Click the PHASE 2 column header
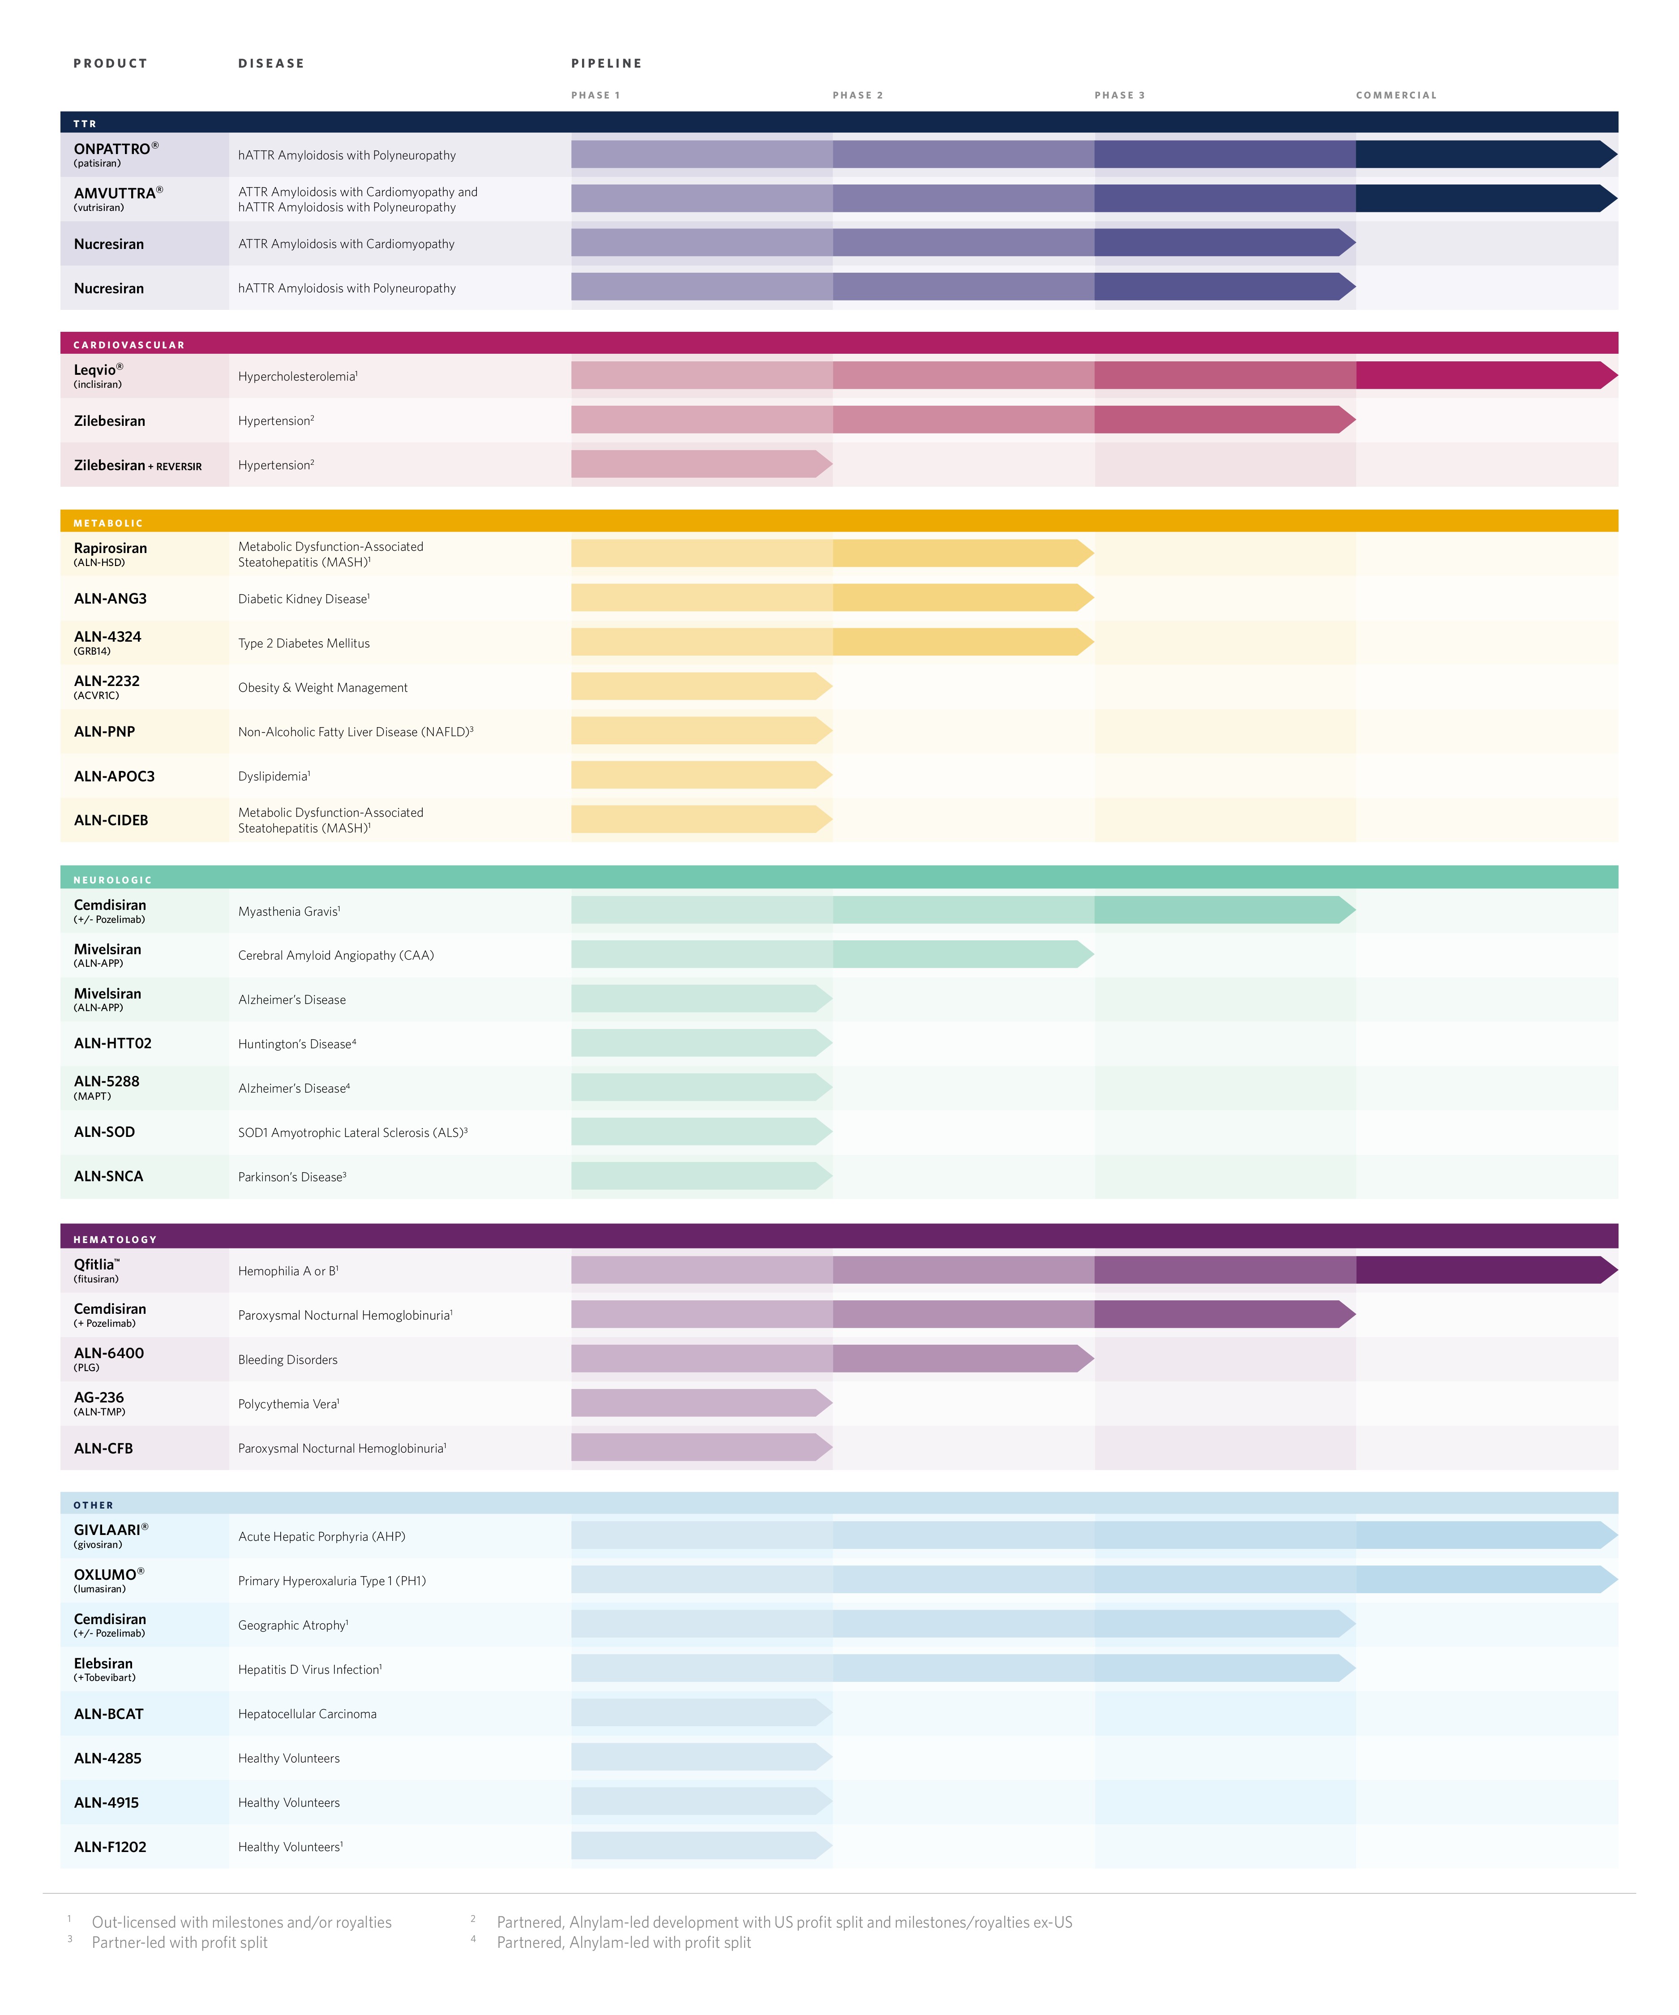pyautogui.click(x=857, y=95)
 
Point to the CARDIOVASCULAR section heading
pyautogui.click(x=128, y=344)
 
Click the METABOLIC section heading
pyautogui.click(x=107, y=523)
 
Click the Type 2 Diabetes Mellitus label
pyautogui.click(x=303, y=643)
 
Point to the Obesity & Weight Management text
pyautogui.click(x=322, y=687)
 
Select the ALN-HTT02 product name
pyautogui.click(x=112, y=1043)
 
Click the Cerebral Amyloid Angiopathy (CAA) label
pyautogui.click(x=336, y=955)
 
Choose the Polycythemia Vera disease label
pyautogui.click(x=288, y=1404)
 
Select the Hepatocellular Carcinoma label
pyautogui.click(x=307, y=1714)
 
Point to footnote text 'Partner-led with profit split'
pyautogui.click(x=180, y=1942)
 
